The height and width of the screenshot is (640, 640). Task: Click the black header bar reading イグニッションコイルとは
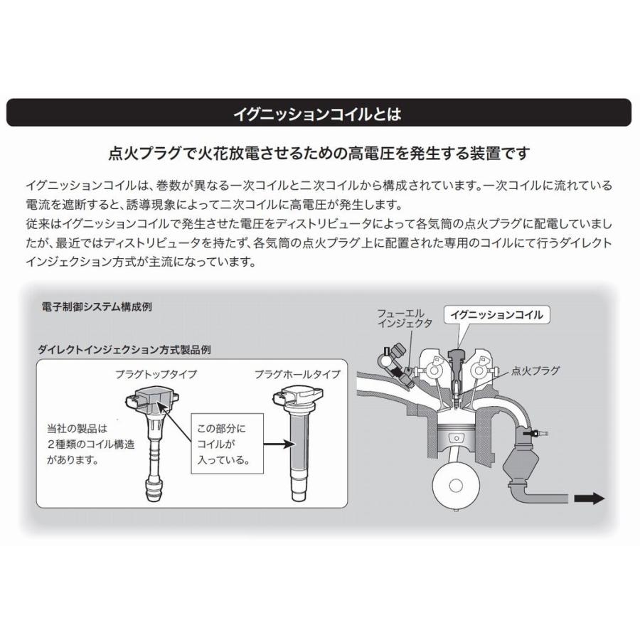(x=319, y=112)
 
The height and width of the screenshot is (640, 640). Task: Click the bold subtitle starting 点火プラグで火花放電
(x=319, y=152)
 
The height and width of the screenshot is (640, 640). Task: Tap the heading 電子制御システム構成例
(x=97, y=307)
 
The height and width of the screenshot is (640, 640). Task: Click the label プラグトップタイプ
(x=156, y=374)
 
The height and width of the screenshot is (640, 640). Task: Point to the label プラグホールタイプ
(x=297, y=374)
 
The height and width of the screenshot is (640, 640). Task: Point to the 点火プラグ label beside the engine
(x=535, y=370)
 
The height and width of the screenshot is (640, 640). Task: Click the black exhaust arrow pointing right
(x=590, y=498)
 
